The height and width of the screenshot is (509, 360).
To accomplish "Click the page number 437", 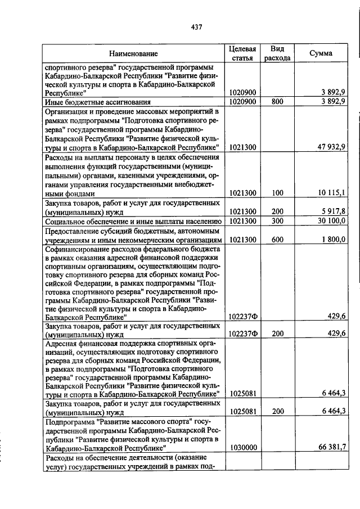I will pyautogui.click(x=196, y=26).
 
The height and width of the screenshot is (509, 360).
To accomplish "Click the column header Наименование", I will pyautogui.click(x=133, y=53).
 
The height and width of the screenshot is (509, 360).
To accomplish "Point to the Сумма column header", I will pyautogui.click(x=321, y=53).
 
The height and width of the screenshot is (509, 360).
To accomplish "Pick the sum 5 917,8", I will pyautogui.click(x=332, y=211).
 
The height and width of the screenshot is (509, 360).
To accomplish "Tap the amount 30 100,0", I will pyautogui.click(x=330, y=222).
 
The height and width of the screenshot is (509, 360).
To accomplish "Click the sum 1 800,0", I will pyautogui.click(x=332, y=240).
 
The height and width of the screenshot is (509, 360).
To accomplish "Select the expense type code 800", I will pyautogui.click(x=277, y=102).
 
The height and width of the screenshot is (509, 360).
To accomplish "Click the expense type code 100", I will pyautogui.click(x=277, y=193).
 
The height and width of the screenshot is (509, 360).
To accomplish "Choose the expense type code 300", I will pyautogui.click(x=277, y=222).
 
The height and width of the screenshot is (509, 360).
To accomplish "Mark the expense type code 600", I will pyautogui.click(x=277, y=240).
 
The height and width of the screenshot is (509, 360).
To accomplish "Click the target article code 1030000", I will pyautogui.click(x=244, y=448).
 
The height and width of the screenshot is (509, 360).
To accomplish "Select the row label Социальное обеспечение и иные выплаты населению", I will pyautogui.click(x=133, y=222).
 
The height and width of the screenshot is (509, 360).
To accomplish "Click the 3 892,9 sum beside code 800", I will pyautogui.click(x=332, y=102).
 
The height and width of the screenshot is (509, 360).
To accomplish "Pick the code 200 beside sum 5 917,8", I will pyautogui.click(x=277, y=211).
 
